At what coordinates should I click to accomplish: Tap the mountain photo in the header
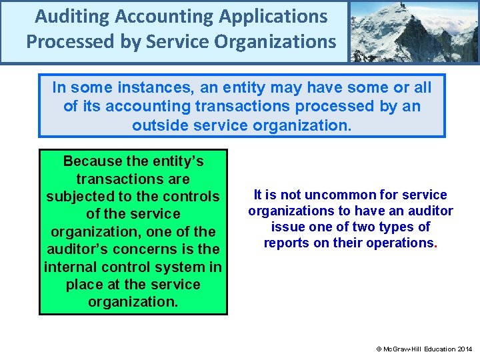click(x=414, y=31)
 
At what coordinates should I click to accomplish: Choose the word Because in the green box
click(x=93, y=161)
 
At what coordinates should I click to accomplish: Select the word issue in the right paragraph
click(x=289, y=227)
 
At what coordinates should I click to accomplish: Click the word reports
click(x=286, y=243)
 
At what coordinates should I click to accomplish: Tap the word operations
click(x=398, y=243)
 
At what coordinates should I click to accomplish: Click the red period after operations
click(x=435, y=244)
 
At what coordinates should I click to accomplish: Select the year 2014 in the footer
click(x=465, y=349)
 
